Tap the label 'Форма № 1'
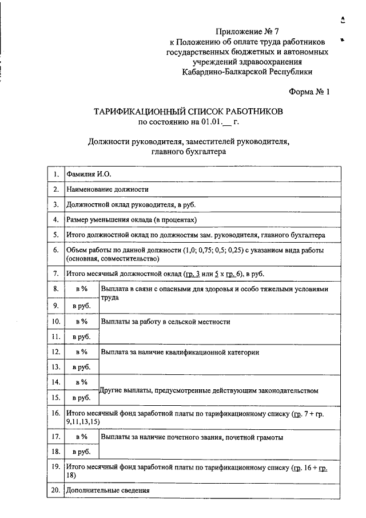[310, 92]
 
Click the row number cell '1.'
[56, 174]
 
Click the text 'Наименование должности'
[108, 189]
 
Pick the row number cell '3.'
[56, 204]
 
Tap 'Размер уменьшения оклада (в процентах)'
[132, 220]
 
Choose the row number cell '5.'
[56, 235]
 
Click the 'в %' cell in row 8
[81, 290]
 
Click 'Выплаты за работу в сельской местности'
[166, 322]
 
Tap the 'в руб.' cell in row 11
[81, 337]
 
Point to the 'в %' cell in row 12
[81, 352]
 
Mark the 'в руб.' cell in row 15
[81, 397]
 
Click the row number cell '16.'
[56, 413]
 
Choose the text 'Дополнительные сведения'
[108, 491]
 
